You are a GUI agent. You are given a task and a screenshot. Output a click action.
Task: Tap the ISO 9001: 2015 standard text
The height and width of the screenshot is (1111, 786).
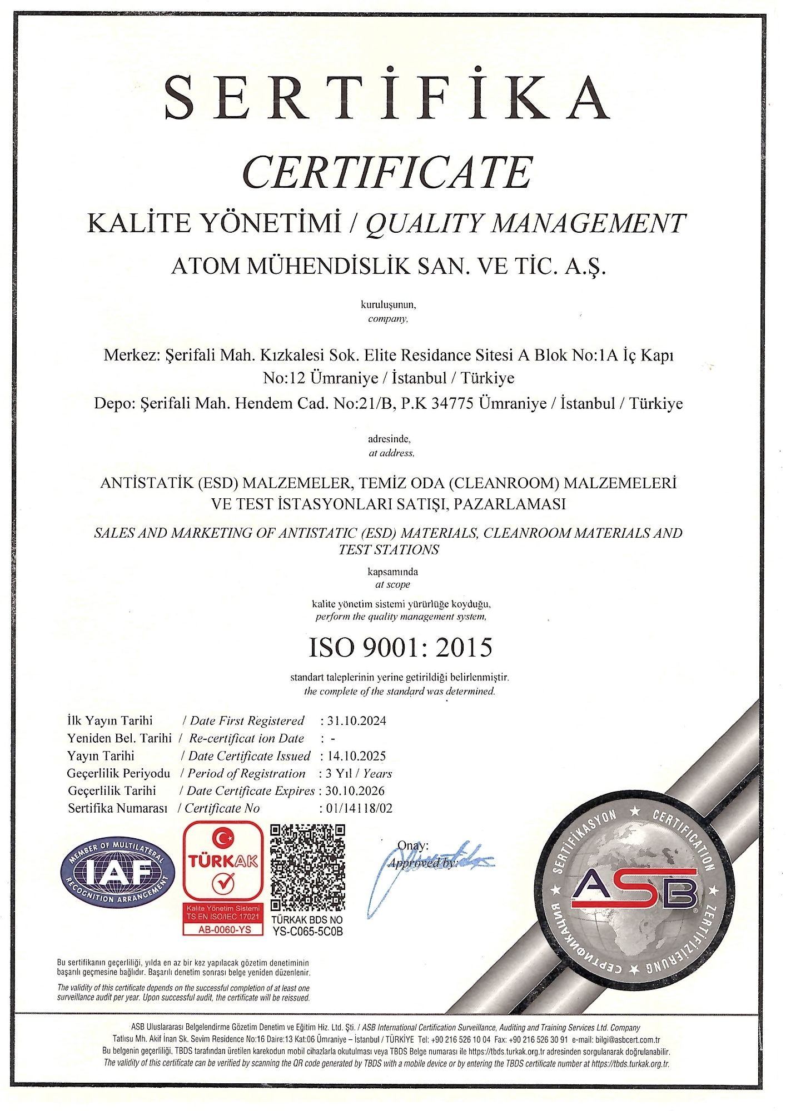coord(400,647)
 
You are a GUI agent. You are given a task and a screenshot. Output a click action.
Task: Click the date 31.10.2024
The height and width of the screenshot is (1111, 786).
coord(356,721)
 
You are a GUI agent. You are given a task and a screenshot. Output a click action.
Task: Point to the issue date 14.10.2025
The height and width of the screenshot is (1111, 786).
coord(356,756)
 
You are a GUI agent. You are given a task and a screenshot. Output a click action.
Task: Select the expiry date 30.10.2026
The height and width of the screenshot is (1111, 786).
coord(356,790)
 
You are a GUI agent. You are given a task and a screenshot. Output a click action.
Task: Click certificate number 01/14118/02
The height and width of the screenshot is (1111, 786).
coord(360,808)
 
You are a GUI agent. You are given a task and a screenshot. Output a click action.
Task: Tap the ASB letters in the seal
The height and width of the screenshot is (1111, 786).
coord(633,888)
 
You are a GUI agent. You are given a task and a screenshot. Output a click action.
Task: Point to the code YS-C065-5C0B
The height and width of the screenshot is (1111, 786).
coord(307,932)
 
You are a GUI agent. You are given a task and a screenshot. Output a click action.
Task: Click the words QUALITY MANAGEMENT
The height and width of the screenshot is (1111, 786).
coord(525,223)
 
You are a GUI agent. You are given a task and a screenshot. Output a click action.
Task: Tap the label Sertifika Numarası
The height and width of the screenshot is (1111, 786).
coord(117,808)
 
